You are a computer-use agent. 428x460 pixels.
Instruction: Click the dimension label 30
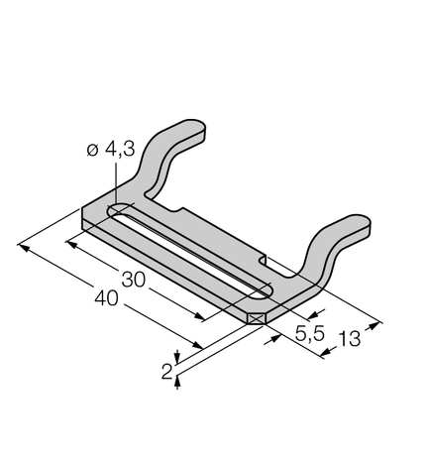pyautogui.click(x=134, y=280)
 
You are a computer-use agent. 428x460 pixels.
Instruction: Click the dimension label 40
pyautogui.click(x=106, y=298)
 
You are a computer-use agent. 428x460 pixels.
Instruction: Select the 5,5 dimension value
pyautogui.click(x=310, y=333)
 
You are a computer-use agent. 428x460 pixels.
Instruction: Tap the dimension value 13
pyautogui.click(x=349, y=339)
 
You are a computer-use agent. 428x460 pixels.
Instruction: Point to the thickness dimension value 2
pyautogui.click(x=167, y=372)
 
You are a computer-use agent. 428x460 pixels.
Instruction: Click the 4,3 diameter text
pyautogui.click(x=120, y=149)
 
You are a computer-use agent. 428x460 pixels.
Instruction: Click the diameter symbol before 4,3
pyautogui.click(x=93, y=151)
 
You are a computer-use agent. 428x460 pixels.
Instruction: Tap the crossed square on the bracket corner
pyautogui.click(x=257, y=319)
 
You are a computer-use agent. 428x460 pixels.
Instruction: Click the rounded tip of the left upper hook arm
pyautogui.click(x=200, y=126)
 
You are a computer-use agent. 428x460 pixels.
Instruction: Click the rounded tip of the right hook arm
pyautogui.click(x=364, y=221)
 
